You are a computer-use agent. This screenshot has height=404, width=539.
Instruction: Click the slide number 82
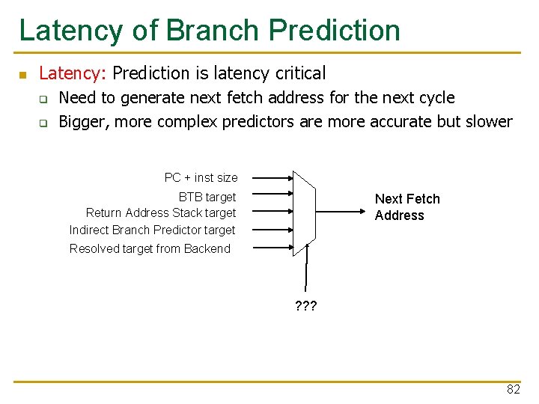tap(513, 390)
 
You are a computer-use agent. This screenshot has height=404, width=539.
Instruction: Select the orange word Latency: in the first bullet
tap(73, 73)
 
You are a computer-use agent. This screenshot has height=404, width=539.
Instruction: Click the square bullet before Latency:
tap(23, 75)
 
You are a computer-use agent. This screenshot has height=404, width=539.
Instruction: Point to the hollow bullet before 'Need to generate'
tap(43, 99)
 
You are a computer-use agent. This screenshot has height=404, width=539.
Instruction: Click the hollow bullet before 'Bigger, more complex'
tap(43, 123)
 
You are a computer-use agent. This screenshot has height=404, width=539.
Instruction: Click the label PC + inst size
tap(201, 178)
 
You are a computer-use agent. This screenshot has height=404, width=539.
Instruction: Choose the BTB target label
tap(207, 198)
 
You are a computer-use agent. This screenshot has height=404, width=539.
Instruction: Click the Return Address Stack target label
tap(160, 213)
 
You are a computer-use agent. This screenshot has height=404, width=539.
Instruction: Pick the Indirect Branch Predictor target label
tap(152, 230)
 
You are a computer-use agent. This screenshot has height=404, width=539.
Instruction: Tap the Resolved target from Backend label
tap(150, 249)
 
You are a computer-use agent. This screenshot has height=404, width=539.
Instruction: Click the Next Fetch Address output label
tap(406, 207)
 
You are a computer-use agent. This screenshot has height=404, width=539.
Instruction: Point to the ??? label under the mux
tap(305, 305)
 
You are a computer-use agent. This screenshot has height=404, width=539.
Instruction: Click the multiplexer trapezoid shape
tap(304, 213)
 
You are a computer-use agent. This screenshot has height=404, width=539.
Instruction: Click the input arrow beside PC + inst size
tap(271, 178)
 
